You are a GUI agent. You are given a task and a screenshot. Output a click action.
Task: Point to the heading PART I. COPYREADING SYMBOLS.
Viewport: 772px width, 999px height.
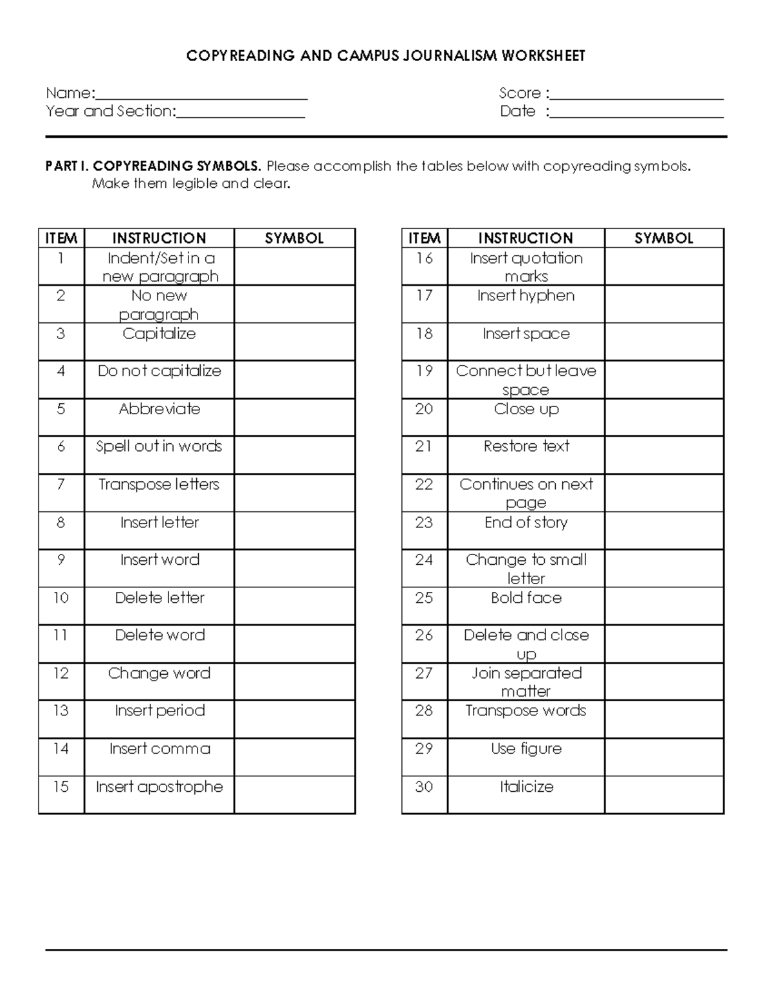pos(153,166)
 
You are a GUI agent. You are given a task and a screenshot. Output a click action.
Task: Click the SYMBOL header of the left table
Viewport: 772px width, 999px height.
pos(294,238)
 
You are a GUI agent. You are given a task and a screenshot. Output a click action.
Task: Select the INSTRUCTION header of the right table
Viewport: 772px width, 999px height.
pos(525,238)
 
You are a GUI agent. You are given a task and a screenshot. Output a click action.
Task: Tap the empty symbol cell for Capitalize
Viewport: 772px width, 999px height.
pos(294,342)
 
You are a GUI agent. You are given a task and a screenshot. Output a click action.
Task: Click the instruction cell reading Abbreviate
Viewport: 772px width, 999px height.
pos(159,409)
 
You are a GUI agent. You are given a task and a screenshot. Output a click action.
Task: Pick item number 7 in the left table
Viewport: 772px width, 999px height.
pos(61,484)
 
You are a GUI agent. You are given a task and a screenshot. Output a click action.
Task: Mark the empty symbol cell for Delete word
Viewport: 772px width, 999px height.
pos(294,643)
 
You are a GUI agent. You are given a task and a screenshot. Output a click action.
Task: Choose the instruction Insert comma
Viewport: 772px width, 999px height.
pos(159,749)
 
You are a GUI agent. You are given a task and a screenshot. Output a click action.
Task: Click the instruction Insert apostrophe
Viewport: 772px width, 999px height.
pos(159,787)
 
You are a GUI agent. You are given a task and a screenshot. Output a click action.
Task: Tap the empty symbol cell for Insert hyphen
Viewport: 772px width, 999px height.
pos(664,304)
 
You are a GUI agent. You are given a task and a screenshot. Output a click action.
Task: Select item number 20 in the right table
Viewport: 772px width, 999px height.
pos(424,409)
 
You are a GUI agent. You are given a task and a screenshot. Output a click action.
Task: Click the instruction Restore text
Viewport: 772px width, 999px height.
pos(526,446)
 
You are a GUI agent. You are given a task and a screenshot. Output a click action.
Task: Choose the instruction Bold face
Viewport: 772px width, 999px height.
pos(526,598)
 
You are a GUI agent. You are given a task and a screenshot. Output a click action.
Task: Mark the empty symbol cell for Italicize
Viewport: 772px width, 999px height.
pos(664,794)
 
